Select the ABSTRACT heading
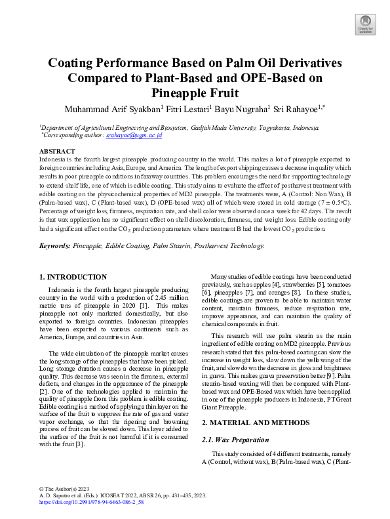(x=58, y=151)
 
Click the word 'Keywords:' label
(x=55, y=245)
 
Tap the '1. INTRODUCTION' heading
(x=73, y=278)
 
